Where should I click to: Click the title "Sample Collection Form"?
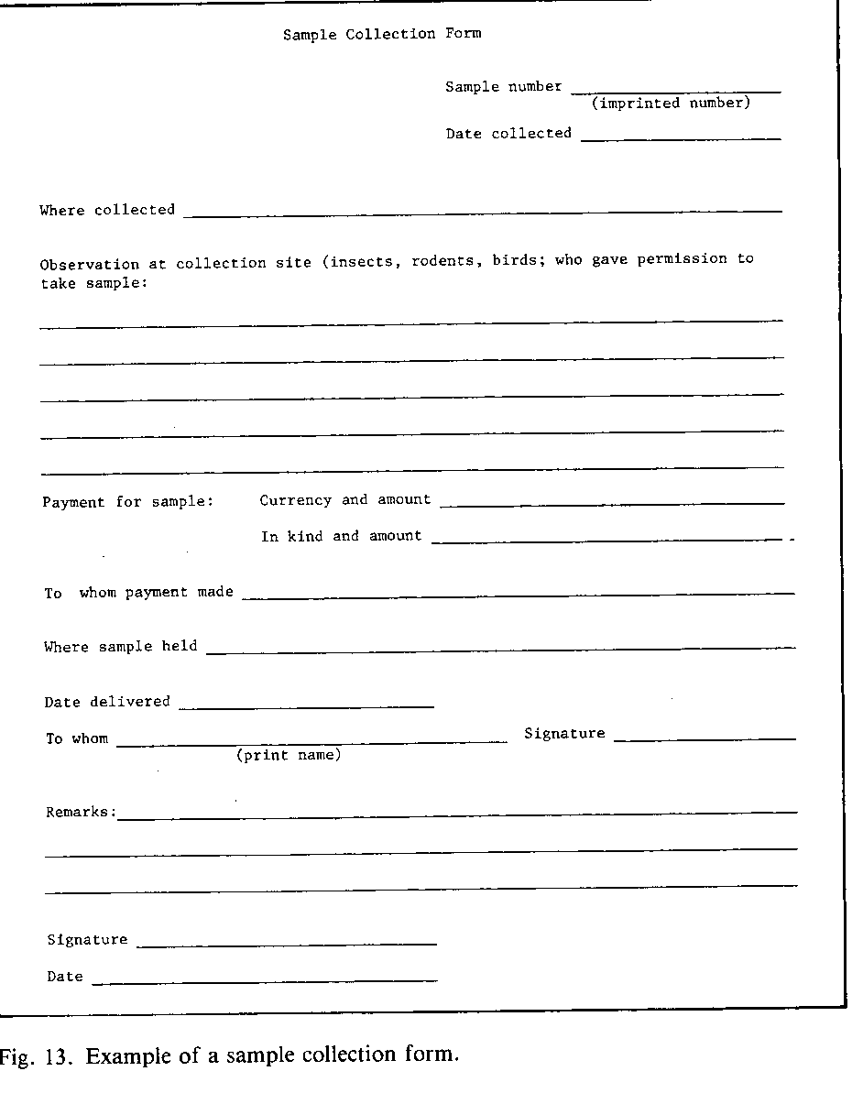pyautogui.click(x=381, y=34)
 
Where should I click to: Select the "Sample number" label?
pyautogui.click(x=503, y=87)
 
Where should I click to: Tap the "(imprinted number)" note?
pyautogui.click(x=671, y=104)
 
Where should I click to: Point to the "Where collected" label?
pyautogui.click(x=107, y=210)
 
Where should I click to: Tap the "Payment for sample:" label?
pyautogui.click(x=127, y=502)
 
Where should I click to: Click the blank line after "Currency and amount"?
pyautogui.click(x=618, y=502)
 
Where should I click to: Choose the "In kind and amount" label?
pyautogui.click(x=341, y=536)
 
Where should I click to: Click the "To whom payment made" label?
pyautogui.click(x=138, y=593)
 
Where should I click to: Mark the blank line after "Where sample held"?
pyautogui.click(x=500, y=649)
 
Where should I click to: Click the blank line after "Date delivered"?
pyautogui.click(x=306, y=705)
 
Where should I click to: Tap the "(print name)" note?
pyautogui.click(x=289, y=756)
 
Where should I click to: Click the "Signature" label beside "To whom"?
pyautogui.click(x=564, y=734)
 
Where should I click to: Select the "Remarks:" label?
pyautogui.click(x=81, y=813)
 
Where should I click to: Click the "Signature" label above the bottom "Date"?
pyautogui.click(x=87, y=940)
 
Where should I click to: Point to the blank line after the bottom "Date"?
pyautogui.click(x=264, y=980)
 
